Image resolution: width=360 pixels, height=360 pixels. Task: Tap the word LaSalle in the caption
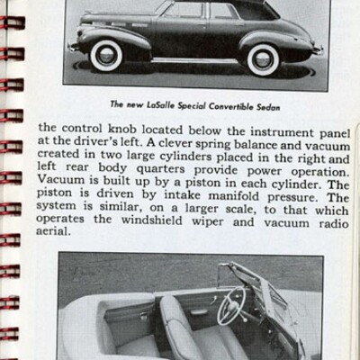[x=160, y=103]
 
